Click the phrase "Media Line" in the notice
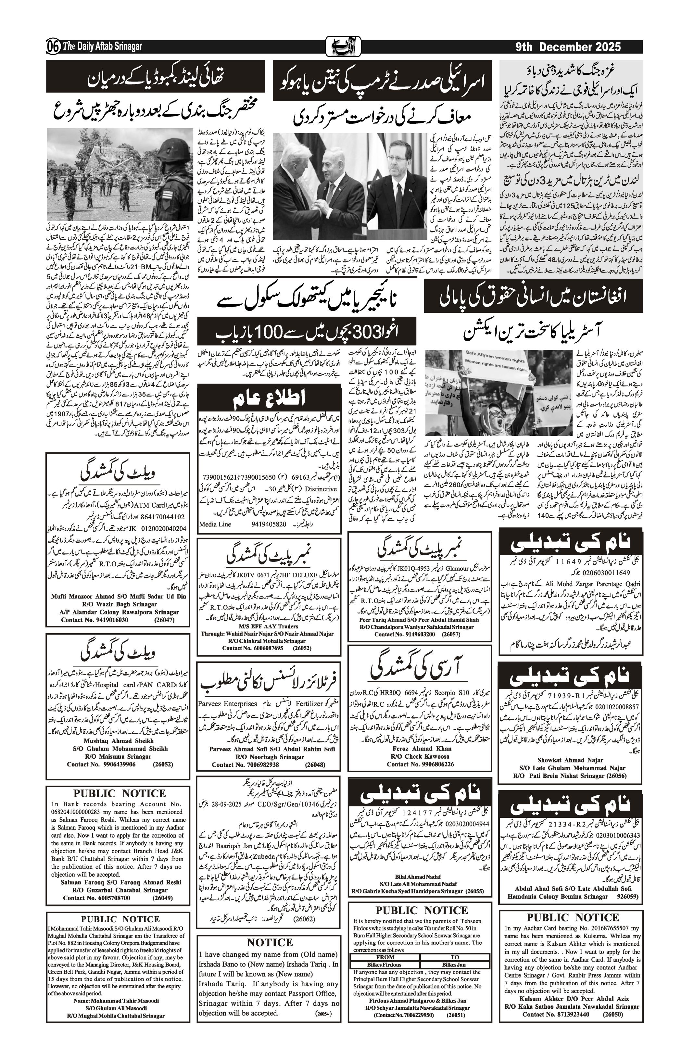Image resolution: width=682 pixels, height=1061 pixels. pos(215,524)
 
